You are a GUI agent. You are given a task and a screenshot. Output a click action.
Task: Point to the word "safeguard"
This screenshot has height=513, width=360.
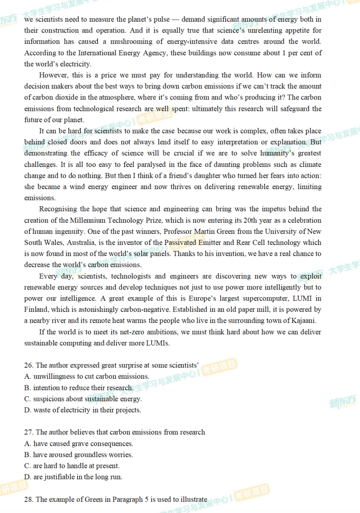coord(295,109)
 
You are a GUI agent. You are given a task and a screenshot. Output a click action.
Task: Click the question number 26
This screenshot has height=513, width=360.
coord(28,365)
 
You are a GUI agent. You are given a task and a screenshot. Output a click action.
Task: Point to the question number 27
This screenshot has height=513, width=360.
coord(28,432)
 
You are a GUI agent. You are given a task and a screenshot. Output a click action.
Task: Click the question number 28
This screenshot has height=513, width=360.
coord(28,499)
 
